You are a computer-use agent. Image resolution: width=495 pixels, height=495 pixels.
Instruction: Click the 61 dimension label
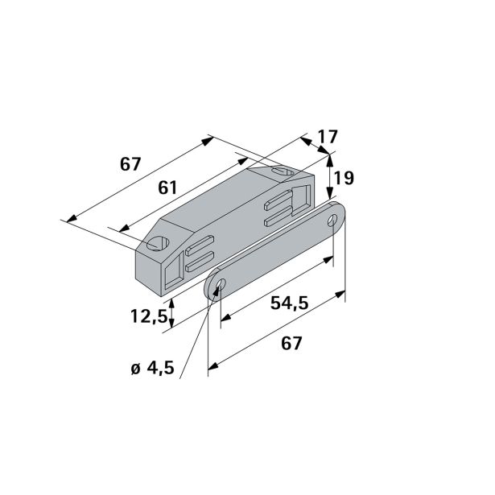pos(167,187)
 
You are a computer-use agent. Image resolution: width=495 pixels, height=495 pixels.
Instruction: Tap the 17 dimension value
pos(328,138)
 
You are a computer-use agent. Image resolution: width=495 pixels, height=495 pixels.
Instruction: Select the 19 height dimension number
pos(344,178)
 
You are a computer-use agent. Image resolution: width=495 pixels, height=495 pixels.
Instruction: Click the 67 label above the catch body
pos(130,164)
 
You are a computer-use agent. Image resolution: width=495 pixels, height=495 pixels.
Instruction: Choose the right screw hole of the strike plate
pos(333,220)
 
